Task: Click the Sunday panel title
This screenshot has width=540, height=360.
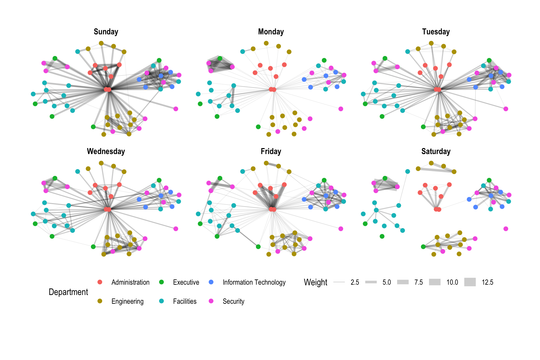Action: pos(106,32)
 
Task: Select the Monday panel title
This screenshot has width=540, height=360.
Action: pos(271,32)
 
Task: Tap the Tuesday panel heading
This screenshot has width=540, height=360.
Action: pos(436,32)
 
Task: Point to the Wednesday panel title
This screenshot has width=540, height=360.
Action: pos(106,151)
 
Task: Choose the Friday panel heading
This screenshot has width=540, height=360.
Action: pos(271,151)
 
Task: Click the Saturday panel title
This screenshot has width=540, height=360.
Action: pos(436,151)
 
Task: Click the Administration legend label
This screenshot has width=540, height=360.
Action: pos(130,282)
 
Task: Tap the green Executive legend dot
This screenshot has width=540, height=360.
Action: pos(162,282)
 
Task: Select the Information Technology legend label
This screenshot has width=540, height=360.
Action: pos(254,282)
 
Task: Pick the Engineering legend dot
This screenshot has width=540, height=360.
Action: pos(100,301)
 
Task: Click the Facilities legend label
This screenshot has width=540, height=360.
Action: pos(185,301)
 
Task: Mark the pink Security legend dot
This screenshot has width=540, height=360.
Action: pos(211,301)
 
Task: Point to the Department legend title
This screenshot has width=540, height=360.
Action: pos(68,292)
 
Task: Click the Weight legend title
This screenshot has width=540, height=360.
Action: pos(315,282)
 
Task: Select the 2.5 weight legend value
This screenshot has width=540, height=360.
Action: pos(355,282)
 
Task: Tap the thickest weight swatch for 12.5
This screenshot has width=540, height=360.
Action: pos(470,282)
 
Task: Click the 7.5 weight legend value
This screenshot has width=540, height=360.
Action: pos(418,282)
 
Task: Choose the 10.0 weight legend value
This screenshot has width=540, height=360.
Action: pos(452,282)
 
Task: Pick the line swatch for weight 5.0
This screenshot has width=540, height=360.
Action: pos(371,282)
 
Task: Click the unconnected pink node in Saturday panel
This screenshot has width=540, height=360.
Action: pos(506,229)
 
